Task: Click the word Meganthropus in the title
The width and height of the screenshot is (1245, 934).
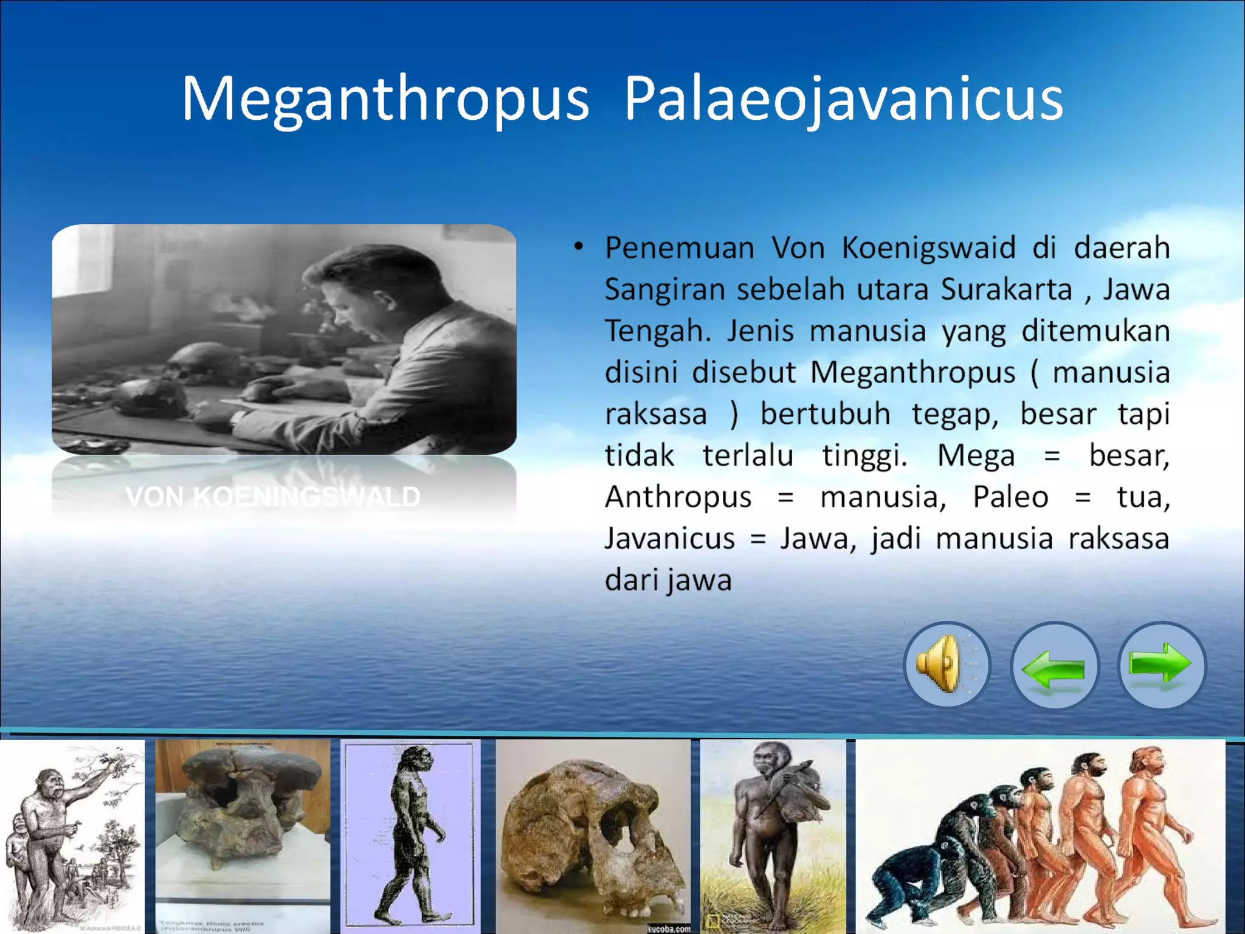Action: (385, 99)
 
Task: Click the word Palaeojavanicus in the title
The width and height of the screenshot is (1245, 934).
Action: (843, 99)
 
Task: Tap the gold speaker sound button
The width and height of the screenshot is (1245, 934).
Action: (946, 665)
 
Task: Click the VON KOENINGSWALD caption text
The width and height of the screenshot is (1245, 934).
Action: (273, 497)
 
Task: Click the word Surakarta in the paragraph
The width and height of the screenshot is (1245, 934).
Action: (1006, 289)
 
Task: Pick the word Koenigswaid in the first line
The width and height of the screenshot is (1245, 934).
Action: (928, 248)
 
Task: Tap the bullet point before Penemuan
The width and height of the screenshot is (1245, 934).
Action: (579, 247)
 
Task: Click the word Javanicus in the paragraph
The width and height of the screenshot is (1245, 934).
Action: (669, 539)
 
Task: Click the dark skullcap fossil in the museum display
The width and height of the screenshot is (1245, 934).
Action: (243, 803)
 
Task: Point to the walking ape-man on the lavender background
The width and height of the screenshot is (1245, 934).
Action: (411, 833)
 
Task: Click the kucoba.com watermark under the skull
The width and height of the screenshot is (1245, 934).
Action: (668, 929)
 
